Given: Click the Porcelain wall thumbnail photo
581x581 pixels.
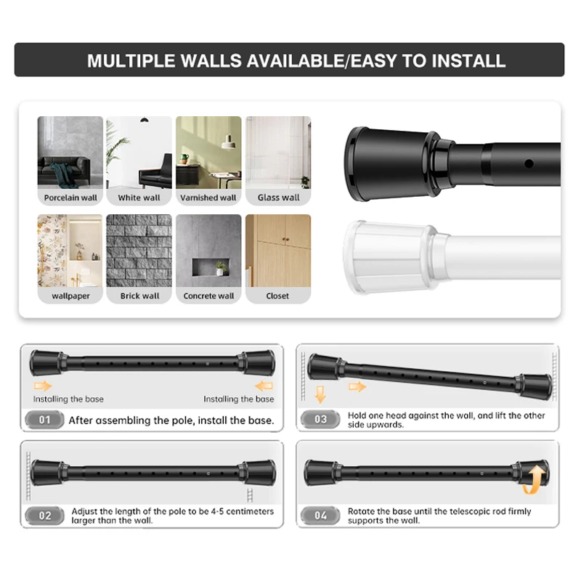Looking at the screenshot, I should pos(70,152).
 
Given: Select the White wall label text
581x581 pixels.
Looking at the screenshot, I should pos(139,198).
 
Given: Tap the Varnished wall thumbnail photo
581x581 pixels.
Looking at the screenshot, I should pos(208,152).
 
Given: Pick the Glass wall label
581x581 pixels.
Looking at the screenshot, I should pos(278,198).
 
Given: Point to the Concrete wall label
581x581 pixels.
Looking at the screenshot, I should pos(208,296).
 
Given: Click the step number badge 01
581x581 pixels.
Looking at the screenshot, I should pos(45,420).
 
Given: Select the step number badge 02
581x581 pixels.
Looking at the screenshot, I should pos(45,516).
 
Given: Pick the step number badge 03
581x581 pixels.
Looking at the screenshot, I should pos(320,419).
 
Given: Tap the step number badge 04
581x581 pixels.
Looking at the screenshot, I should pos(320,516).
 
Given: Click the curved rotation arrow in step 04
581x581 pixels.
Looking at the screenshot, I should pos(536,479).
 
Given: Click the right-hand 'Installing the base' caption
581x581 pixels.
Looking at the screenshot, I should pos(238,399).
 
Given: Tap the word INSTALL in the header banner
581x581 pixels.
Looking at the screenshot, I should pos(468,60).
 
